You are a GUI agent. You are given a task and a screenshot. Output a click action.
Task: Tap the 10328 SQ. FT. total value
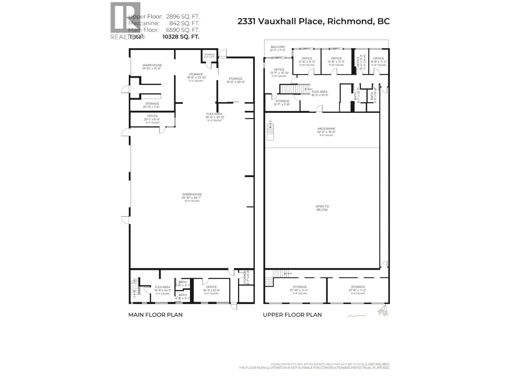(181, 36)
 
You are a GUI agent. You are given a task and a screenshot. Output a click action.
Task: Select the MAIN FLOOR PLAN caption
(155, 315)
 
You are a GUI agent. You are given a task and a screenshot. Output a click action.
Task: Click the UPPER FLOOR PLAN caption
(292, 315)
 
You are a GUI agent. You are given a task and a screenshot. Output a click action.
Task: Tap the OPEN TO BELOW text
(322, 208)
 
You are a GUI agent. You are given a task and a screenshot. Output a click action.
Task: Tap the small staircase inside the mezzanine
(270, 132)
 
